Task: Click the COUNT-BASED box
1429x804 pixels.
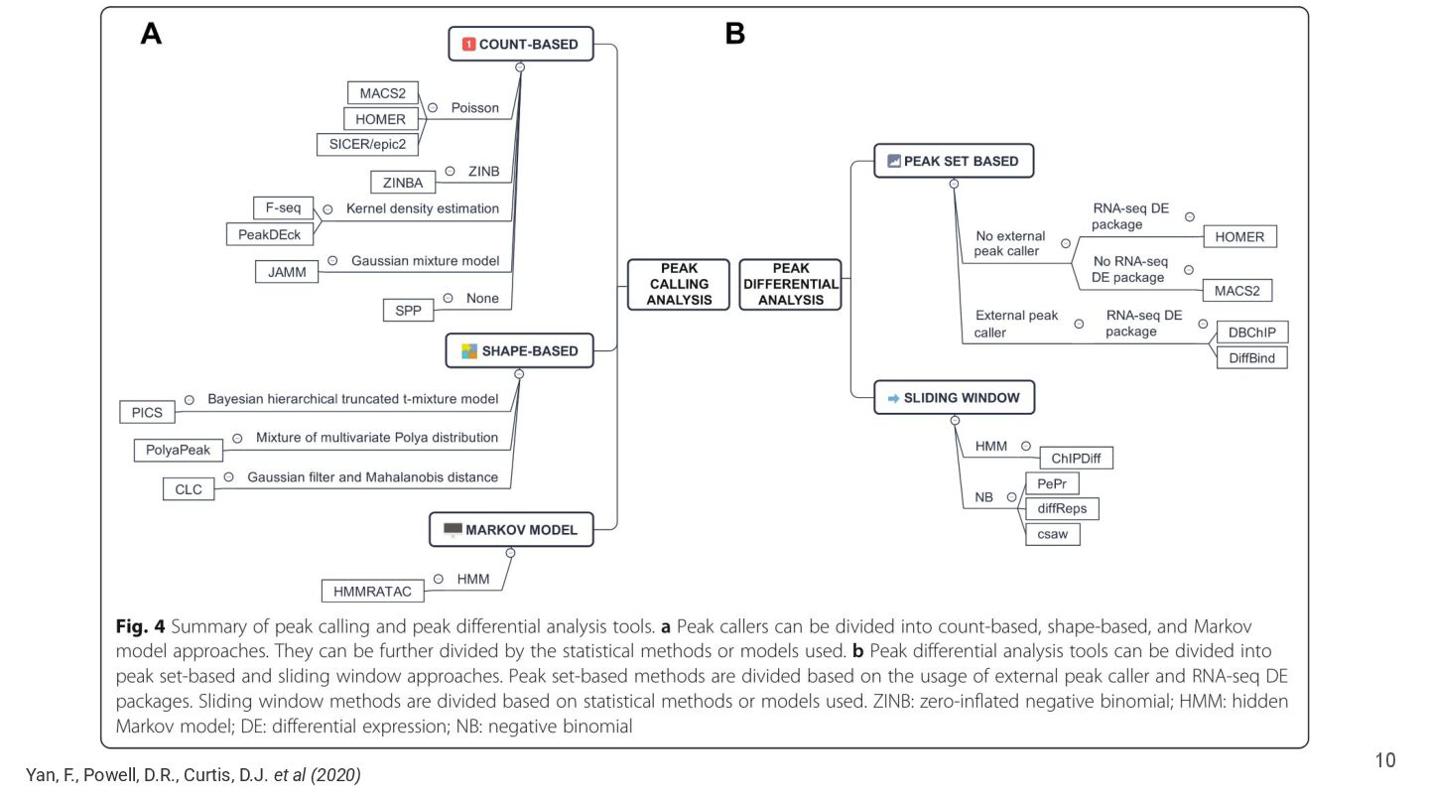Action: point(521,44)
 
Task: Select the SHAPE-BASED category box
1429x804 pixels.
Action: point(519,351)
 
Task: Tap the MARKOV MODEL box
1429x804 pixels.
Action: point(511,530)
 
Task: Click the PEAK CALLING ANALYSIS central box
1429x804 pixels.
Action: point(678,285)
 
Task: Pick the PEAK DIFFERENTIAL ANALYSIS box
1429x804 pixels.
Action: point(790,285)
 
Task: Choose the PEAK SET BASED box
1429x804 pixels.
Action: point(954,161)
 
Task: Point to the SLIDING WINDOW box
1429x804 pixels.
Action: point(955,397)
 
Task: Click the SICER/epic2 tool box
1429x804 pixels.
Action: point(367,144)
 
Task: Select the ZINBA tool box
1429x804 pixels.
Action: point(403,183)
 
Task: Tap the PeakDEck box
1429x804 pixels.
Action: point(269,234)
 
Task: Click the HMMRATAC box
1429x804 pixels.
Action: point(372,592)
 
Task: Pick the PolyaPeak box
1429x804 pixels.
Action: point(178,450)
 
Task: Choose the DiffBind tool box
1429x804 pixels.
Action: point(1251,358)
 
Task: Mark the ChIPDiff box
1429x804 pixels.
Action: point(1076,459)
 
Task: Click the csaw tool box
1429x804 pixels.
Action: point(1053,534)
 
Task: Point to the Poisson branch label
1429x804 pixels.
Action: point(474,108)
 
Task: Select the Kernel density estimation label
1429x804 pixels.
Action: point(423,208)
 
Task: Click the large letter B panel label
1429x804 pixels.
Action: point(735,33)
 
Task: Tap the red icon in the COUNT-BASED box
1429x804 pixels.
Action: point(468,44)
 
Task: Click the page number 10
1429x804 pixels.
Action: point(1385,760)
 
